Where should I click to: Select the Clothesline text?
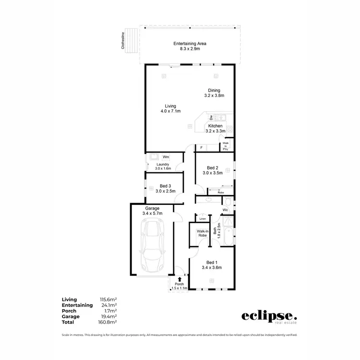click(x=123, y=41)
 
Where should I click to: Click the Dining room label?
click(x=214, y=93)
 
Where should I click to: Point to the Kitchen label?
click(x=215, y=128)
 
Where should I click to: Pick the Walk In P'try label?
click(x=225, y=146)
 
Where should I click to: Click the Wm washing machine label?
click(x=166, y=157)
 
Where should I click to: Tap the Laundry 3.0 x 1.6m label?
click(x=163, y=167)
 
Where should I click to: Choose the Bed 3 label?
click(x=165, y=188)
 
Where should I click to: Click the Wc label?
click(x=225, y=211)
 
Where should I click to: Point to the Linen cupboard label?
click(x=203, y=219)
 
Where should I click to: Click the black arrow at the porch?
click(x=179, y=278)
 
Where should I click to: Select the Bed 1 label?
click(x=212, y=265)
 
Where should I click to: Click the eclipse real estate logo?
click(x=269, y=317)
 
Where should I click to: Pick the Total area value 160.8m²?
click(x=108, y=322)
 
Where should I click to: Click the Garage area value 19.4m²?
click(x=108, y=316)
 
